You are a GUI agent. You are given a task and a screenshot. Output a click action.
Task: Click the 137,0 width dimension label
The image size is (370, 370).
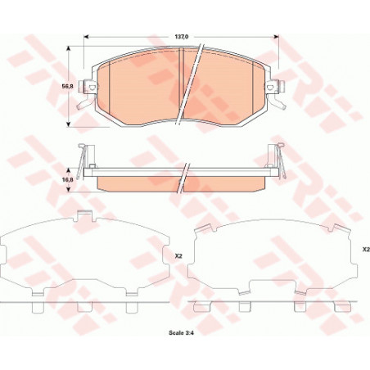(180, 36)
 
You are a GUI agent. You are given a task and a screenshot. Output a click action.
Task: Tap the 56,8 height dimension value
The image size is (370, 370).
(67, 86)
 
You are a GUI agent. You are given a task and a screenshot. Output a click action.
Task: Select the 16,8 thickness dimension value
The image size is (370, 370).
(67, 179)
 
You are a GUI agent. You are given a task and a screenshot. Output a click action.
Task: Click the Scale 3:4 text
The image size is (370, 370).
(181, 333)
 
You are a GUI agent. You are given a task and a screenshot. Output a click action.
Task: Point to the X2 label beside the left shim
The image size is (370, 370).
(178, 256)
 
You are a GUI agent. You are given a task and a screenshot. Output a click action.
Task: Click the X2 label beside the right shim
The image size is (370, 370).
(366, 249)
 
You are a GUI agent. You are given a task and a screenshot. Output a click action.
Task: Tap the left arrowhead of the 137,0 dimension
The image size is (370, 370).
(87, 37)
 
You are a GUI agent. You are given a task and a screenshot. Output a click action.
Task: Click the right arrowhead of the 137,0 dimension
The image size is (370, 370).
(276, 37)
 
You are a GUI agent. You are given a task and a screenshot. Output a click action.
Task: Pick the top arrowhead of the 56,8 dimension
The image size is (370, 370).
(69, 49)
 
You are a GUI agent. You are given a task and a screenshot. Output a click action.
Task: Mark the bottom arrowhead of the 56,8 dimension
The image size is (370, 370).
(69, 124)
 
